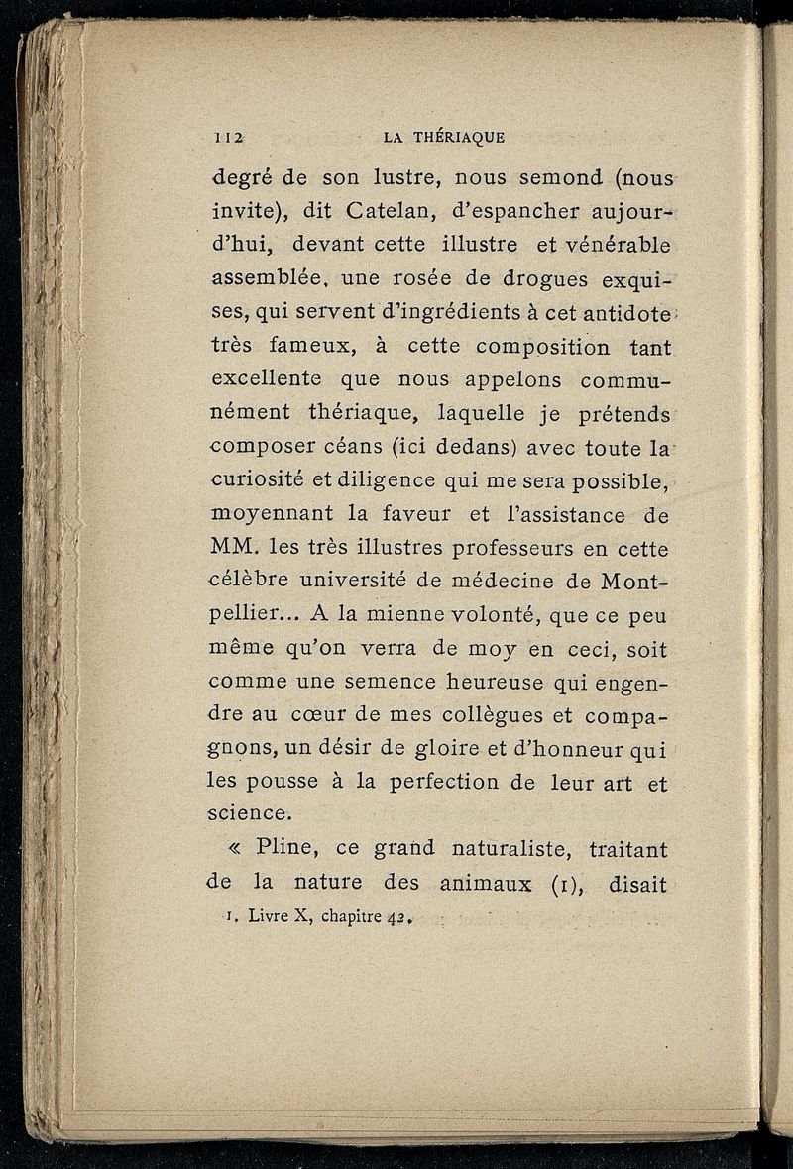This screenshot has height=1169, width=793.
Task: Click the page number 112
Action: pyautogui.click(x=228, y=138)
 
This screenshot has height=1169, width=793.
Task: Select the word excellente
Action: pyautogui.click(x=267, y=379)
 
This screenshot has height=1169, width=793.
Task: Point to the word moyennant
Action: pyautogui.click(x=269, y=515)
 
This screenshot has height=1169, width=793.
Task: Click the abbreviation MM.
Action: pyautogui.click(x=235, y=547)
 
